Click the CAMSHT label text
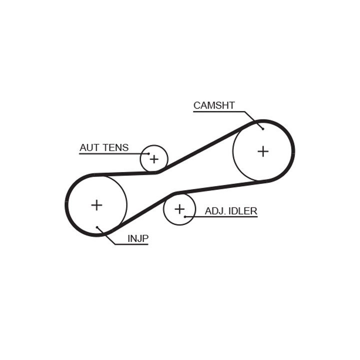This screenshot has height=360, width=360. [214, 105]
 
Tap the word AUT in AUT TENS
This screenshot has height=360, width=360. [89, 147]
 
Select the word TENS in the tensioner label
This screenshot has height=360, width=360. [115, 147]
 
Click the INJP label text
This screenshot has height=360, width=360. [138, 239]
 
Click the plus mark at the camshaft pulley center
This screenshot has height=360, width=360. [263, 151]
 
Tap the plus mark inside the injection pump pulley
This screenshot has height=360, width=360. [96, 205]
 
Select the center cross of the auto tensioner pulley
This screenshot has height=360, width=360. [154, 159]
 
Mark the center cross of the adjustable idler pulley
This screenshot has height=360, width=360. [179, 209]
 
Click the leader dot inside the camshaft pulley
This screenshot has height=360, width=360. [263, 129]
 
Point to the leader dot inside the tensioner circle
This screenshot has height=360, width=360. [149, 153]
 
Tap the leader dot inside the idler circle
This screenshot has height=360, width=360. [185, 216]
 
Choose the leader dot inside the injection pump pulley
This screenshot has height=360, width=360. [97, 227]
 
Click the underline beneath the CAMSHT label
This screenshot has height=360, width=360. [219, 112]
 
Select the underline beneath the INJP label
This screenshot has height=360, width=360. [131, 244]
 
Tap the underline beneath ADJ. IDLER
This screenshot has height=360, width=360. [221, 216]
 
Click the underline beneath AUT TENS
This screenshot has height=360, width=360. [114, 153]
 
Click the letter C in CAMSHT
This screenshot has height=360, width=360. [197, 105]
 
